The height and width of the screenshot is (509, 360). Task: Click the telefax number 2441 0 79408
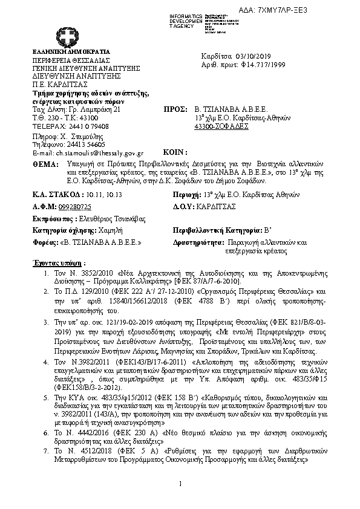coord(85,127)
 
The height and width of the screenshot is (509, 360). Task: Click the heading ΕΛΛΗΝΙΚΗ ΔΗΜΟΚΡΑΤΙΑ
coord(64,53)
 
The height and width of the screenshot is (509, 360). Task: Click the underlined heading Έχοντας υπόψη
coord(57,264)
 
